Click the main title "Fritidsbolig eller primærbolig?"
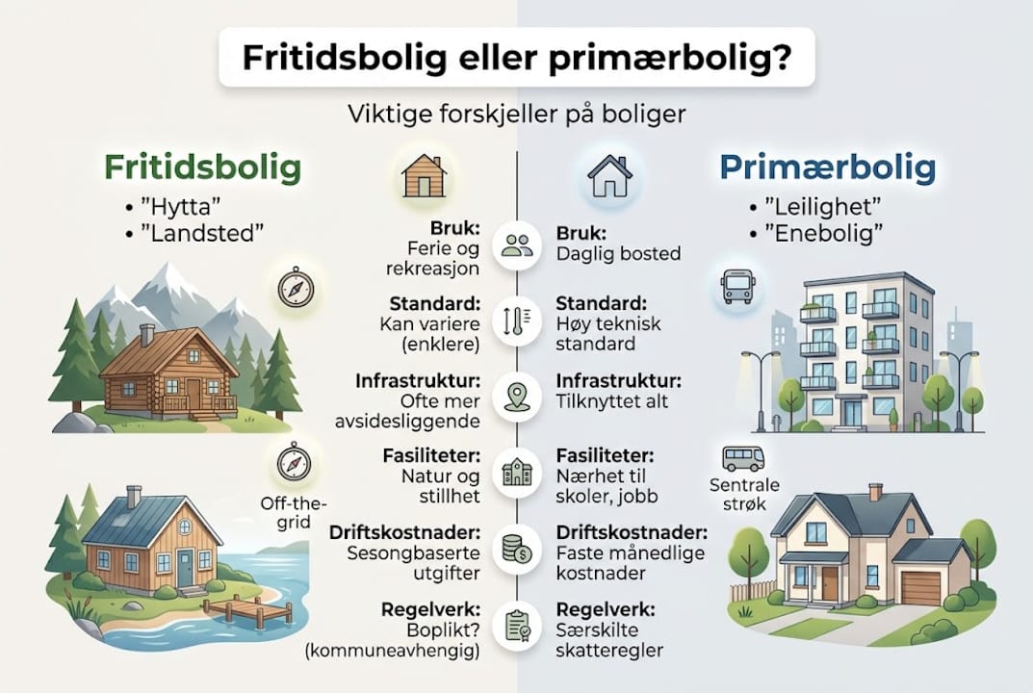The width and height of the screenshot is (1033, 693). (517, 59)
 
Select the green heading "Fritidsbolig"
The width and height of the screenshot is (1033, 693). (203, 167)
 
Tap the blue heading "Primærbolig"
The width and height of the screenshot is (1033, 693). (827, 167)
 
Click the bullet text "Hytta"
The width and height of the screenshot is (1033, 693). (192, 206)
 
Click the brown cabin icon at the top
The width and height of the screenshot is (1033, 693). (425, 175)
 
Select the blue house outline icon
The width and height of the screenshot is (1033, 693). (610, 176)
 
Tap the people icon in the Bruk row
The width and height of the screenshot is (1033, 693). (517, 245)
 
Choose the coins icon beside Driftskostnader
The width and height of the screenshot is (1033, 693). (517, 550)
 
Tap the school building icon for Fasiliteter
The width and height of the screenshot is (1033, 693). (517, 473)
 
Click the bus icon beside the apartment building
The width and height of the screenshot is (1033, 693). (737, 286)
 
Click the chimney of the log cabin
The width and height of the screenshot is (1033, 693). (146, 335)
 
